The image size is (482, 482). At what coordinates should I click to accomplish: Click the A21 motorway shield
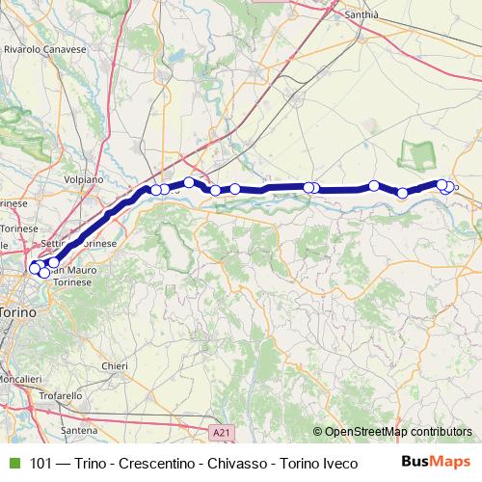(220, 435)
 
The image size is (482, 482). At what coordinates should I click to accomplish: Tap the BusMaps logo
(437, 463)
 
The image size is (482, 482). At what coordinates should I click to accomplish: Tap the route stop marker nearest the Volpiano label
(156, 190)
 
